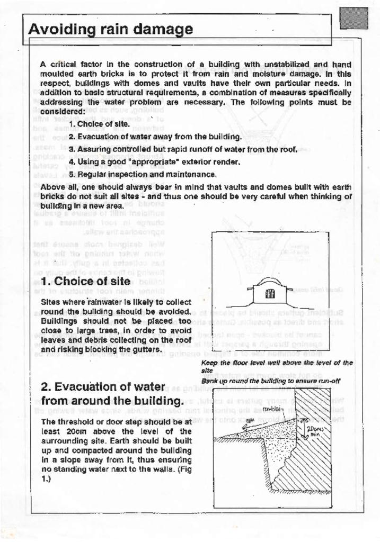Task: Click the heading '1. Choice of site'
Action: tap(85, 281)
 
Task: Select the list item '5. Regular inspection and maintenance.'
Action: tap(143, 174)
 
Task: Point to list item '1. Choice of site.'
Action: tap(99, 124)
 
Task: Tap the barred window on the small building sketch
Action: tap(269, 294)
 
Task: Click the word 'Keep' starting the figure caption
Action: tap(208, 363)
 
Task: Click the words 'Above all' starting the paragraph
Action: tap(56, 187)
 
